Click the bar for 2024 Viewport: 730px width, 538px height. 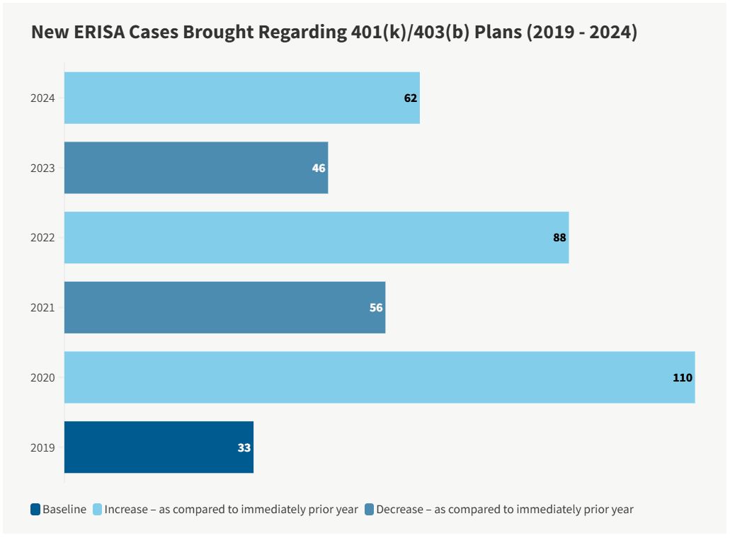coord(241,98)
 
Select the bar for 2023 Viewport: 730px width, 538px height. coord(196,168)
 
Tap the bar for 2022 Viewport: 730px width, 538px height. coord(316,238)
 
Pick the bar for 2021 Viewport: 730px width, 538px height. coord(224,307)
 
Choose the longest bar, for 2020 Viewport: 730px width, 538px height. coord(380,377)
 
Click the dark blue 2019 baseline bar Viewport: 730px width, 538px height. coord(159,447)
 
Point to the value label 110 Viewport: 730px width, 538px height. coord(683,378)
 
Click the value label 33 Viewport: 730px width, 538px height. coord(244,448)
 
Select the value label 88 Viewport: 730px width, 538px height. coord(559,238)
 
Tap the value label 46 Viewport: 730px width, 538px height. coord(319,168)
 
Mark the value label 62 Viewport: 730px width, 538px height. coord(411,98)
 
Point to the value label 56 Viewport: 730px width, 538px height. coord(376,308)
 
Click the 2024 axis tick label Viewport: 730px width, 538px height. coord(42,98)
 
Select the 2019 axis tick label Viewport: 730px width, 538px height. coord(42,448)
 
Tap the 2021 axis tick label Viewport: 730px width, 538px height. coord(42,308)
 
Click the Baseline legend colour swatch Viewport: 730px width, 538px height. coord(36,509)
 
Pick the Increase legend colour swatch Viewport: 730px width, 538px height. coord(98,509)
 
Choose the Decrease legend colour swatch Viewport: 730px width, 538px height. coord(370,509)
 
